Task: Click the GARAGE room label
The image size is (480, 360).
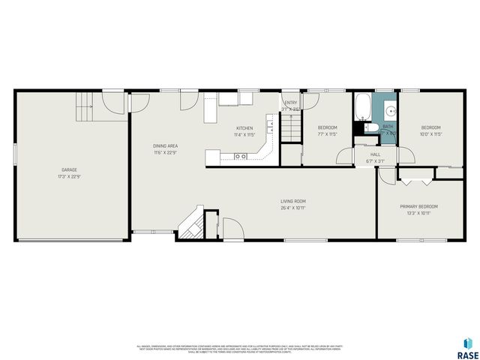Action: (x=69, y=169)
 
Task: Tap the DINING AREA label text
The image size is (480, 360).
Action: (x=164, y=145)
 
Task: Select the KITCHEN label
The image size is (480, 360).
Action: (x=244, y=128)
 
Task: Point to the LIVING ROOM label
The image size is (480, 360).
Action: (x=293, y=201)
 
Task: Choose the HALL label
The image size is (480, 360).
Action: (x=375, y=154)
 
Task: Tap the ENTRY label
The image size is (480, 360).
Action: (x=290, y=103)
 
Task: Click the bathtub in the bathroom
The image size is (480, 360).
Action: (x=362, y=106)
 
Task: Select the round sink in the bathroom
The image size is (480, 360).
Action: (x=390, y=112)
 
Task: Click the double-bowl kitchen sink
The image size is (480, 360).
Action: (x=241, y=156)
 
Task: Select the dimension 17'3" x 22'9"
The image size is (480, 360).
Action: (x=69, y=177)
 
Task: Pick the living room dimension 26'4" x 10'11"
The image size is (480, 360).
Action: (x=293, y=208)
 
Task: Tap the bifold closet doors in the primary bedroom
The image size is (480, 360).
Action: (x=416, y=181)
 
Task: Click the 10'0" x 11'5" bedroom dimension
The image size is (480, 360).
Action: (x=430, y=135)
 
